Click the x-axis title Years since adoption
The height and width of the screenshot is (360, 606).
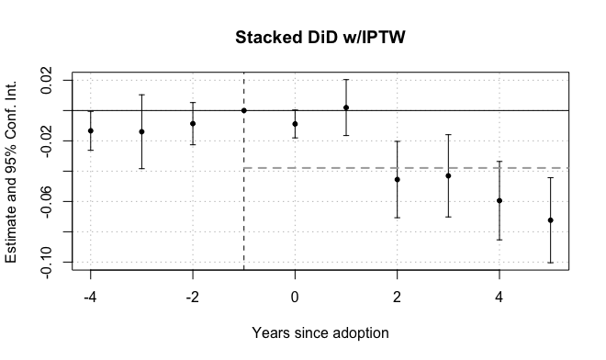(320, 332)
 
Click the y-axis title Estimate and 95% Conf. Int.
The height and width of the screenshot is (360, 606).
(12, 171)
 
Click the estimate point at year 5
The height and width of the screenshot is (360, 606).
(550, 220)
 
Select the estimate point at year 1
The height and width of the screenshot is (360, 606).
(346, 107)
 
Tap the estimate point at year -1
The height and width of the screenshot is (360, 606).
(243, 110)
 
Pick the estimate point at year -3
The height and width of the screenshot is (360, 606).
(141, 131)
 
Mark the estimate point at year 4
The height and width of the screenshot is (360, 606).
(499, 200)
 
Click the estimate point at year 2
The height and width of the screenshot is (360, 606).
(397, 179)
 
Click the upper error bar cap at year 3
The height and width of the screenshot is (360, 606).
(448, 135)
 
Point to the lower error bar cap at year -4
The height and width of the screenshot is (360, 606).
(90, 150)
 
